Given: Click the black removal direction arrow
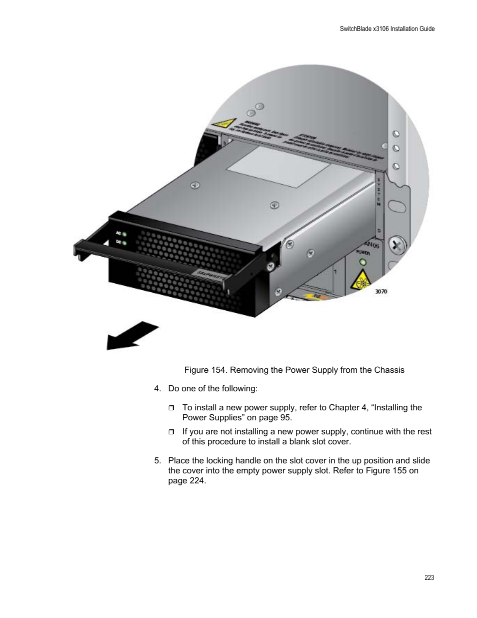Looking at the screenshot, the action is coord(131,336).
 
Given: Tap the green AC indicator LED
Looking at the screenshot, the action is coord(123,234).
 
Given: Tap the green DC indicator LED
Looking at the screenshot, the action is coord(123,243).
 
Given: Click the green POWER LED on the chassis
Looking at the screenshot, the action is coord(363,262).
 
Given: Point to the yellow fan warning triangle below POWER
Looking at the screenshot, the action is coord(362,281).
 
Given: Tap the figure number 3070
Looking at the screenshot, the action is coord(380,291).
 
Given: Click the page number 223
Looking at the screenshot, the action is coord(429,577).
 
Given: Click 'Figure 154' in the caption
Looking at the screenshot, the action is coord(205,370).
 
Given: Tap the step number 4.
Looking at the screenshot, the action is coord(157,389).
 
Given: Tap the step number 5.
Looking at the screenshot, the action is coord(157,461).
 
